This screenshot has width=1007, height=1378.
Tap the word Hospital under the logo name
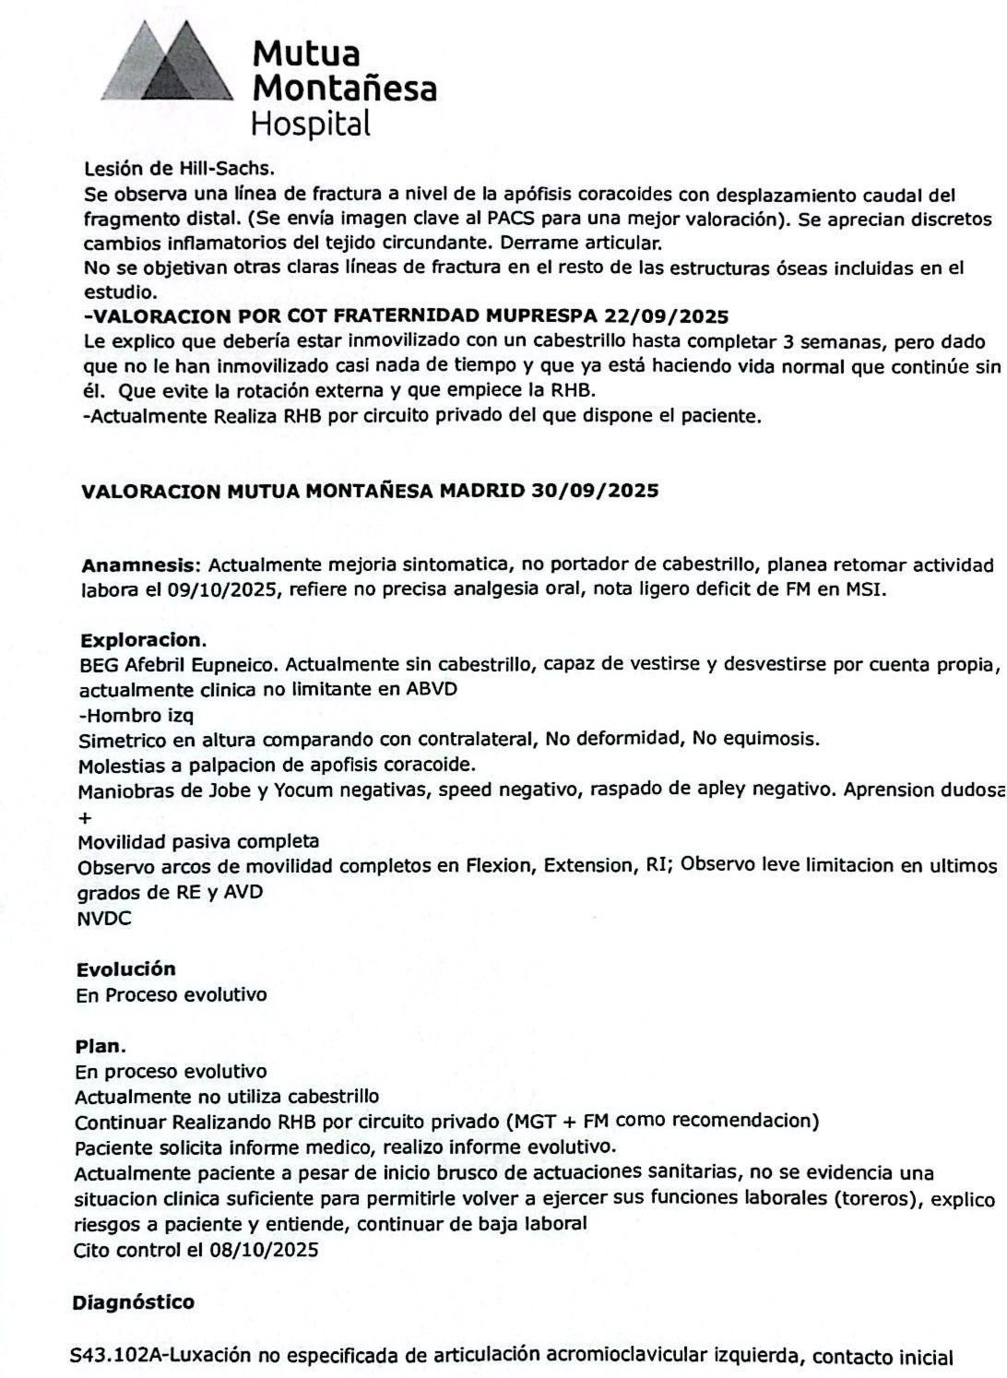pyautogui.click(x=311, y=124)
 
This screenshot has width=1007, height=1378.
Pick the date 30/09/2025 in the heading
pyautogui.click(x=595, y=491)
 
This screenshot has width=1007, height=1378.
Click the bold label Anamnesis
pyautogui.click(x=140, y=564)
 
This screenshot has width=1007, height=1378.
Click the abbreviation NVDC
pyautogui.click(x=104, y=918)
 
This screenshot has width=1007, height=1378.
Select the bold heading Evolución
pyautogui.click(x=125, y=968)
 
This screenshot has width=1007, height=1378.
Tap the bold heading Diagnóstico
pyautogui.click(x=133, y=1301)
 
